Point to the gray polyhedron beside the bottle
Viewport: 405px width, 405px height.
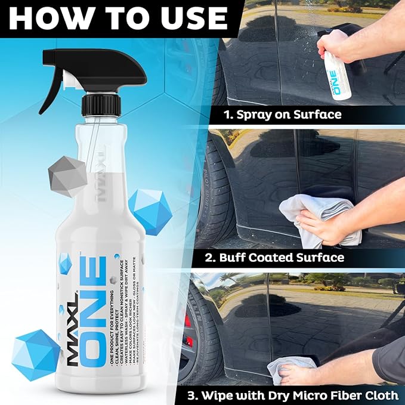coord(67,174)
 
